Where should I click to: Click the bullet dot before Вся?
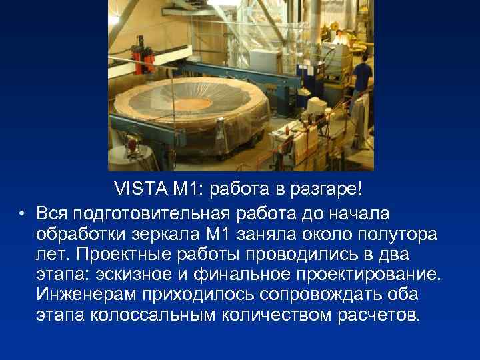point(22,213)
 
